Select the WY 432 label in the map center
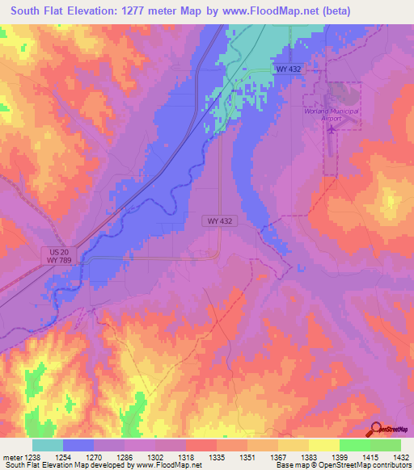218,220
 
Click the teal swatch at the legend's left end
47,445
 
